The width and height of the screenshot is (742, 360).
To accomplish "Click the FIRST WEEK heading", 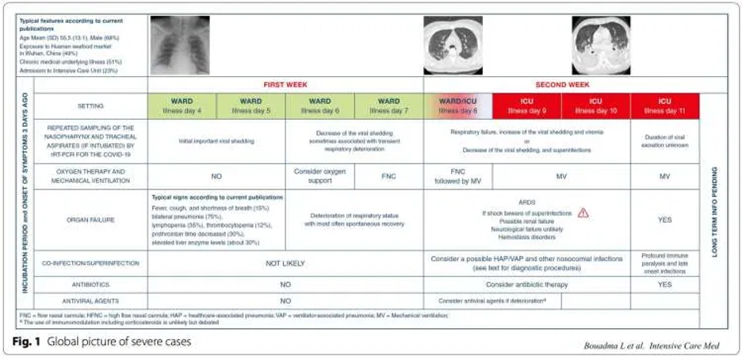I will pyautogui.click(x=285, y=83).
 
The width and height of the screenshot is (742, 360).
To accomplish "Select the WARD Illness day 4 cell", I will pyautogui.click(x=182, y=105).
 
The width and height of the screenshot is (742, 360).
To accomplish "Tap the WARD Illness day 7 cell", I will pyautogui.click(x=389, y=105).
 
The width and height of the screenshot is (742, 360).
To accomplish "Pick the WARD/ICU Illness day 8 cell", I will pyautogui.click(x=458, y=105).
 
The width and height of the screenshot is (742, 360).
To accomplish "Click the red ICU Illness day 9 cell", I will pyautogui.click(x=526, y=105).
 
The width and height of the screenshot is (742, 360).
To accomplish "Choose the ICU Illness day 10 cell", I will pyautogui.click(x=595, y=105).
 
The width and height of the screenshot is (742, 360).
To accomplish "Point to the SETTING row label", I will pyautogui.click(x=90, y=105).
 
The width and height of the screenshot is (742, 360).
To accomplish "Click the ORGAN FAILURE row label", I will pyautogui.click(x=90, y=219).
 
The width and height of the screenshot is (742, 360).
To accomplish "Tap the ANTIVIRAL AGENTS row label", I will pyautogui.click(x=90, y=301).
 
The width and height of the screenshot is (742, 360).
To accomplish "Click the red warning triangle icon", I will pyautogui.click(x=583, y=213).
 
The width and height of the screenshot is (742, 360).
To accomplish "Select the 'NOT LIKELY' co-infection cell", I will pyautogui.click(x=285, y=263).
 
